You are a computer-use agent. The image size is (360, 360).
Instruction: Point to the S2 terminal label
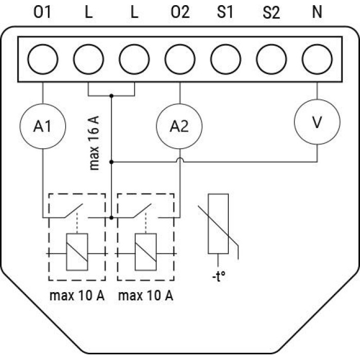(x=272, y=12)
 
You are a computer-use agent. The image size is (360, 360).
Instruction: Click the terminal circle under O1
(x=43, y=59)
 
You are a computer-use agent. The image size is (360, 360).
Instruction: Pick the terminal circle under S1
(x=226, y=59)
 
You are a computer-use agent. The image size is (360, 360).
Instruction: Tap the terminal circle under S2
(x=272, y=59)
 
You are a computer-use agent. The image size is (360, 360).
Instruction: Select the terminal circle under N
(x=317, y=59)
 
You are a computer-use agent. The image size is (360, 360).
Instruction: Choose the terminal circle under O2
(x=180, y=59)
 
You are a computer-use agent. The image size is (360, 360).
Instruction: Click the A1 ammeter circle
(x=43, y=127)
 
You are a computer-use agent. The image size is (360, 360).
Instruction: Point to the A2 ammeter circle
(x=179, y=127)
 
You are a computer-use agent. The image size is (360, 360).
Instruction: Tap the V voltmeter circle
(x=317, y=122)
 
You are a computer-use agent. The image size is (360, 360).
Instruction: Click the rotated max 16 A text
(x=94, y=143)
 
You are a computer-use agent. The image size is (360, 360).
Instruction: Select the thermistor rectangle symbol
(x=218, y=224)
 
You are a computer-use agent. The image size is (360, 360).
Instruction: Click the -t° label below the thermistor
(x=219, y=276)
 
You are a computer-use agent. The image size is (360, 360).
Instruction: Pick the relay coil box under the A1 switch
(x=77, y=252)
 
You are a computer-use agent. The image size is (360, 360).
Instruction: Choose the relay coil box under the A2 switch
(x=146, y=252)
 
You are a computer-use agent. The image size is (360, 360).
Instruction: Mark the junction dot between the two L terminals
(x=112, y=96)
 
